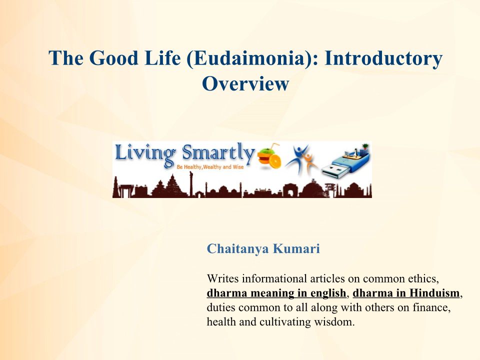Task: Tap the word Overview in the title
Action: click(x=245, y=83)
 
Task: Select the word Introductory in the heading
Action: click(x=383, y=58)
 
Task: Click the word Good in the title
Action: click(x=114, y=58)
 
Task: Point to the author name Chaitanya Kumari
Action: click(x=263, y=248)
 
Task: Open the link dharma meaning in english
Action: click(x=276, y=293)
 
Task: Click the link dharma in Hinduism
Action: click(x=406, y=293)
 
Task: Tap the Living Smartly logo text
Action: click(x=185, y=153)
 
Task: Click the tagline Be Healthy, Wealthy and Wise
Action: click(x=210, y=167)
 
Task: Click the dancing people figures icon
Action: click(x=301, y=159)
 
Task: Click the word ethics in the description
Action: click(x=423, y=279)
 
